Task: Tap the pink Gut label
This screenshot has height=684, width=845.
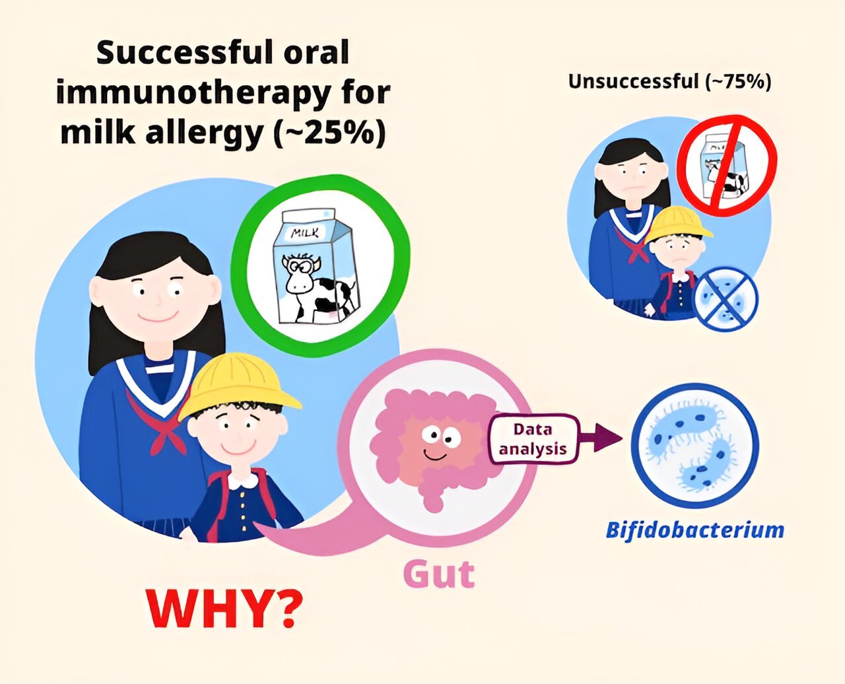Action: click(439, 574)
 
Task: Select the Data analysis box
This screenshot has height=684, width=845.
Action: click(533, 439)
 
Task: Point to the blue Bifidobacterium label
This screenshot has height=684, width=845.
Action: click(694, 530)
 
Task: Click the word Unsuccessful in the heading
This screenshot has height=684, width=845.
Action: click(633, 82)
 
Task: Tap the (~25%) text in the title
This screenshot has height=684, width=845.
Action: click(329, 132)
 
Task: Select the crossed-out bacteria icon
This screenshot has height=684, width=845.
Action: click(726, 298)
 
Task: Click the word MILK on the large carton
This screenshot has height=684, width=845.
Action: click(305, 232)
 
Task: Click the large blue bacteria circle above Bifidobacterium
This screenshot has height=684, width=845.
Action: click(695, 445)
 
